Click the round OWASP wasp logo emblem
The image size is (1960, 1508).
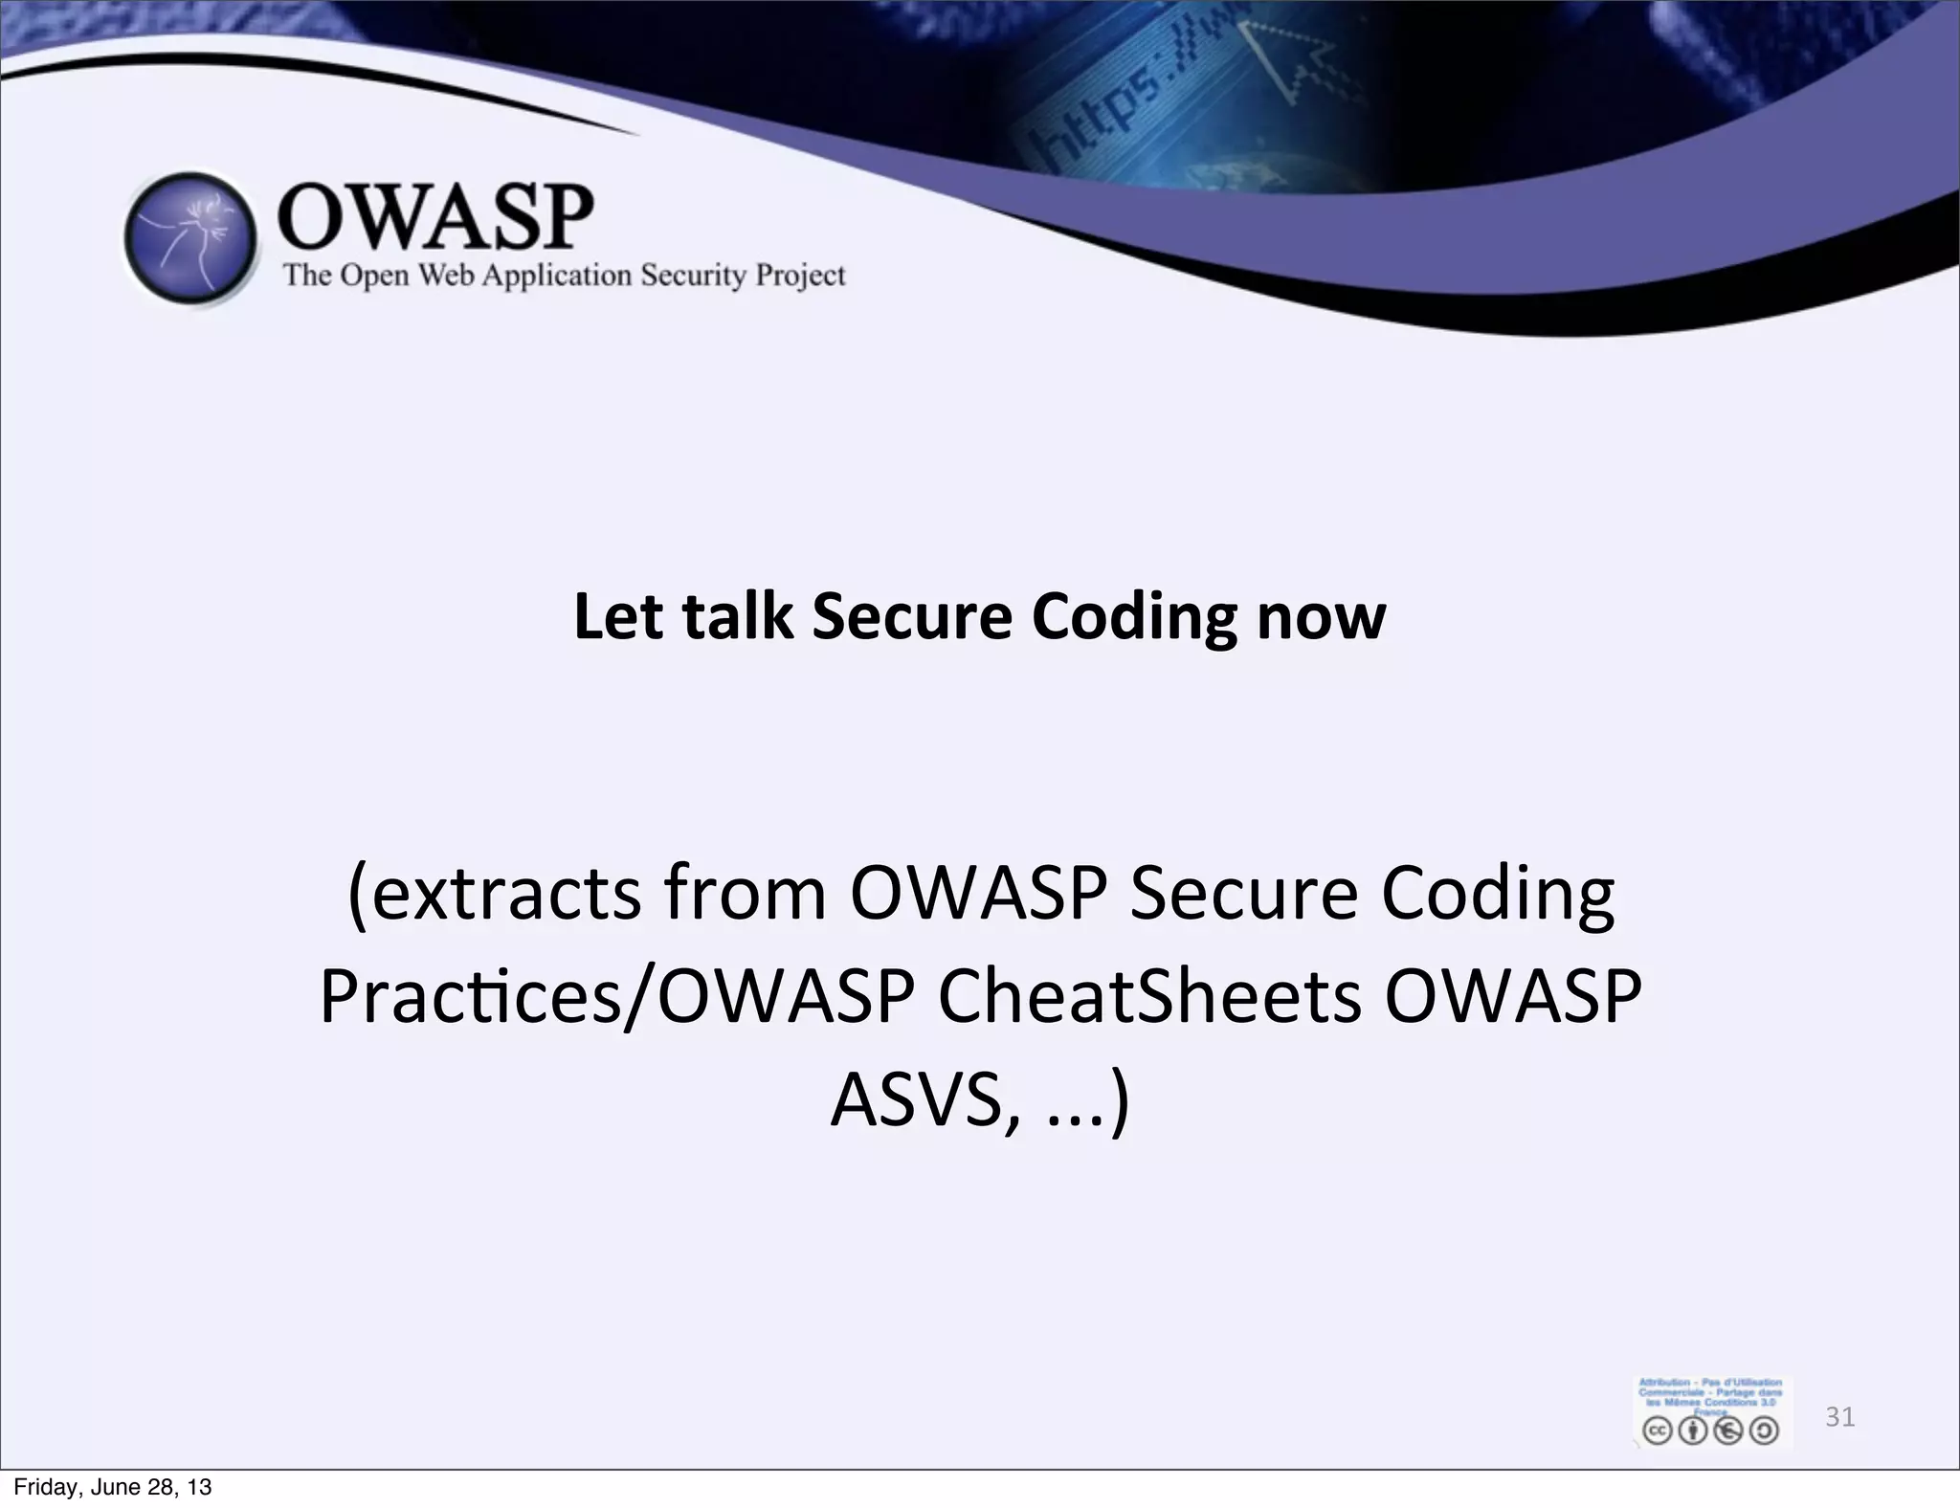coord(191,239)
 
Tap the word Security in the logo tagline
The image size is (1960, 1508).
coord(693,276)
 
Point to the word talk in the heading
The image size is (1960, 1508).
coord(738,616)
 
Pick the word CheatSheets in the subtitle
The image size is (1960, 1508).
coord(1148,997)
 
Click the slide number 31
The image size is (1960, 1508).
coord(1839,1417)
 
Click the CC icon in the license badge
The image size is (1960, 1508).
coord(1657,1430)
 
